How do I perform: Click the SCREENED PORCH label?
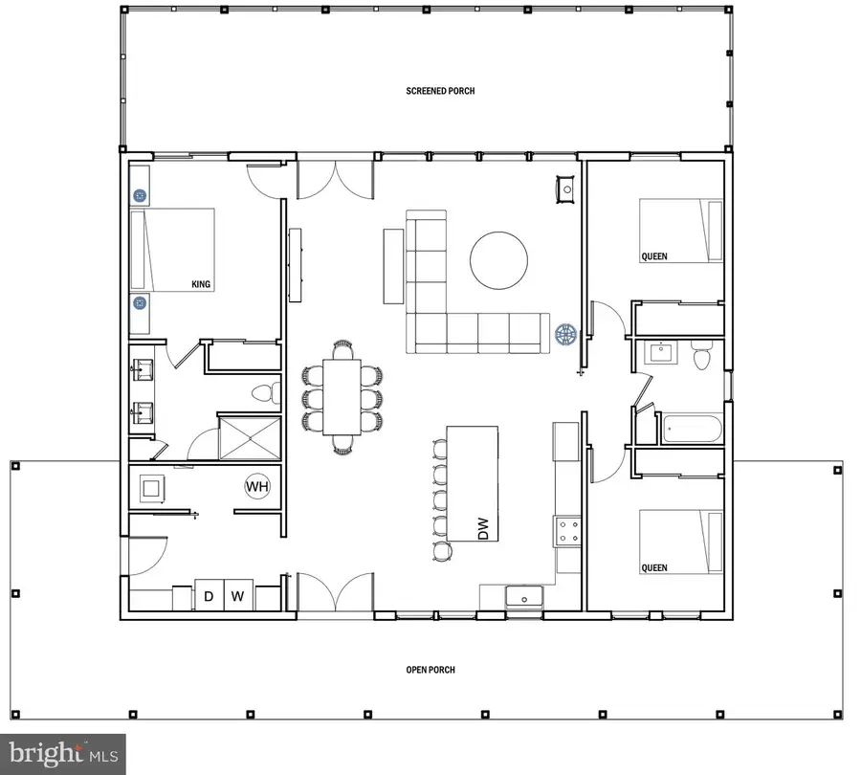click(x=440, y=91)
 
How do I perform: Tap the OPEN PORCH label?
click(x=430, y=670)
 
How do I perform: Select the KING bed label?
click(x=201, y=284)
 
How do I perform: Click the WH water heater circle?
click(x=257, y=486)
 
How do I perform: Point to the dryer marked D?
click(x=210, y=595)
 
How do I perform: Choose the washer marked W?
click(x=238, y=595)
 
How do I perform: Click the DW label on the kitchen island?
click(x=483, y=528)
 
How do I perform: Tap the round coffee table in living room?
click(x=499, y=260)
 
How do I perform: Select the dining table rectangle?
click(x=342, y=396)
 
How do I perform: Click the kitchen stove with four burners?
click(x=567, y=531)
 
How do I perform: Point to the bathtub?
click(x=692, y=429)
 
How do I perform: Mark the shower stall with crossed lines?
click(x=250, y=438)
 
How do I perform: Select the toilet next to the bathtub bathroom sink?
click(x=701, y=355)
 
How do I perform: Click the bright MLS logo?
click(x=62, y=754)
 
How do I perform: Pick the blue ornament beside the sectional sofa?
click(x=565, y=334)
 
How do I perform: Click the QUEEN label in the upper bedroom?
click(x=654, y=256)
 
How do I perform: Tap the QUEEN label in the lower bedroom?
click(x=654, y=568)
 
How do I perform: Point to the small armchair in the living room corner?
click(x=566, y=189)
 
